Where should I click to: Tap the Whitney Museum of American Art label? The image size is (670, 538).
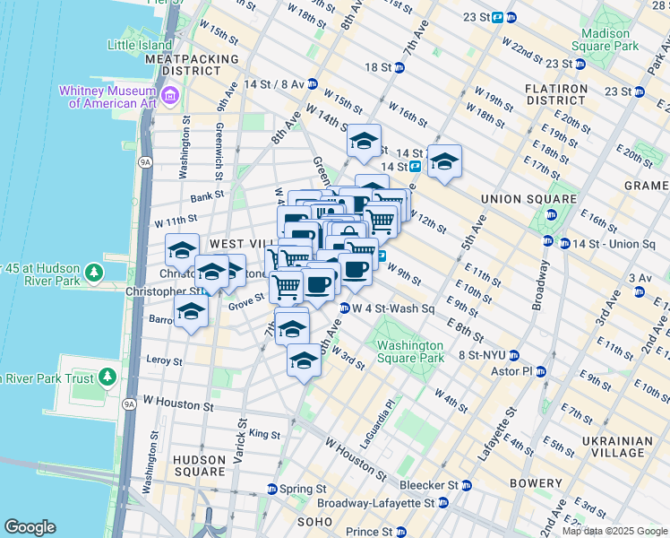[107, 96]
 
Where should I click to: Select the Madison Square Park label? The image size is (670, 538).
[611, 39]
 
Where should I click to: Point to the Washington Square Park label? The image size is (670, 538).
[410, 351]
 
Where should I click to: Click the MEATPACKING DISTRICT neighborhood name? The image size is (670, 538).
[193, 65]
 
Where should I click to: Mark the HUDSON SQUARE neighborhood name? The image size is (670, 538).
[199, 465]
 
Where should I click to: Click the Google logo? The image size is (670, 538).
[30, 526]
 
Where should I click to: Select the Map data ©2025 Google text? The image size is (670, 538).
[614, 531]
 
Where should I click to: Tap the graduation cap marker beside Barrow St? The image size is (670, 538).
[191, 312]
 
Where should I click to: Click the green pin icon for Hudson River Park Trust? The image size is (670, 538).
[108, 376]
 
